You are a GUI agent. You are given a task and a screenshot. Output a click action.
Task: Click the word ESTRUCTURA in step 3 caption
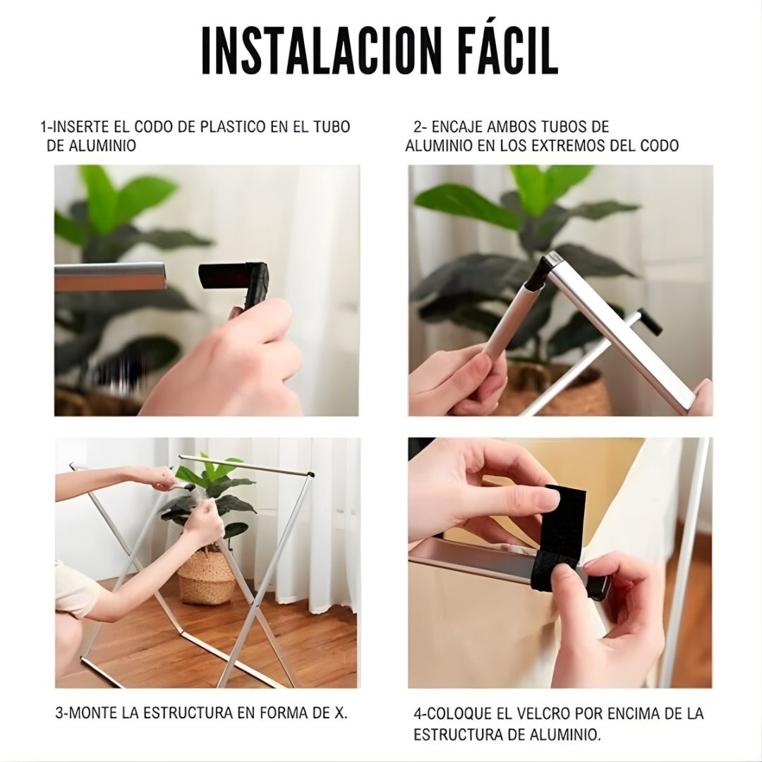click(x=188, y=713)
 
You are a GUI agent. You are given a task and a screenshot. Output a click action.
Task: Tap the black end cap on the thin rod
click(x=649, y=322)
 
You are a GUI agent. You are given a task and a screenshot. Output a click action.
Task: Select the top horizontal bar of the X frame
click(x=243, y=466)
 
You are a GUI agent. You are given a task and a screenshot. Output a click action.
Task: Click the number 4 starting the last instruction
click(x=418, y=714)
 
